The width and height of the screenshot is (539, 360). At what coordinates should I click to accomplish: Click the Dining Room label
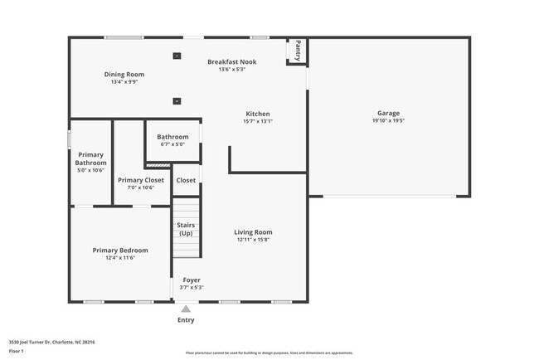pos(124,75)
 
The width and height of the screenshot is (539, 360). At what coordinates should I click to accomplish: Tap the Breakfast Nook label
pos(231,62)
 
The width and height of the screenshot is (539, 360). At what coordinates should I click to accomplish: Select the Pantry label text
pos(299,51)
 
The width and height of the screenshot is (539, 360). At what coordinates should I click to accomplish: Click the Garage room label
pos(388,114)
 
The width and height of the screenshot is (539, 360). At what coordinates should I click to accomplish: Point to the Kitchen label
pos(258,114)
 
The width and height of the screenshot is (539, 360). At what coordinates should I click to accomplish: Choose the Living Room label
pos(253,232)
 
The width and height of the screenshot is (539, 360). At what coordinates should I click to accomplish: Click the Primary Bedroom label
pos(120,251)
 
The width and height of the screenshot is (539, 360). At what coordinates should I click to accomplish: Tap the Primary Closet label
pos(141,180)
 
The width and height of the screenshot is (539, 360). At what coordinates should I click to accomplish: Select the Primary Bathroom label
pos(91,158)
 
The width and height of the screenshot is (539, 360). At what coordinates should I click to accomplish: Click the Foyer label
pos(192,280)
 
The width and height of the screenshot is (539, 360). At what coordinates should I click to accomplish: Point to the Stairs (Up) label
pos(186,229)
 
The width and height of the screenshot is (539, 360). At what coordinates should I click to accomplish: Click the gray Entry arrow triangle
pos(186,309)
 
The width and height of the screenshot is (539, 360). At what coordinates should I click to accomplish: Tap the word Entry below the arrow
pos(186,320)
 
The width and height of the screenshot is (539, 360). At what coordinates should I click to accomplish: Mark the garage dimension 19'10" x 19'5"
pos(388,121)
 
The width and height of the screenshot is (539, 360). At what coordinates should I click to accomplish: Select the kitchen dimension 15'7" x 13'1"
pos(258,122)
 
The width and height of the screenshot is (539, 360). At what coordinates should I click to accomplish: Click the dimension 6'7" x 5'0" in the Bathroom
pos(172,144)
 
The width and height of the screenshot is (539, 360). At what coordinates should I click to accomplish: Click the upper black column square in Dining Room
pos(177,56)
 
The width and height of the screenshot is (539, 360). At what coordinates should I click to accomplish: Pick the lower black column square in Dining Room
pos(177,101)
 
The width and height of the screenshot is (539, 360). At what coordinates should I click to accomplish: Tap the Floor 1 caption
pos(17,352)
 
